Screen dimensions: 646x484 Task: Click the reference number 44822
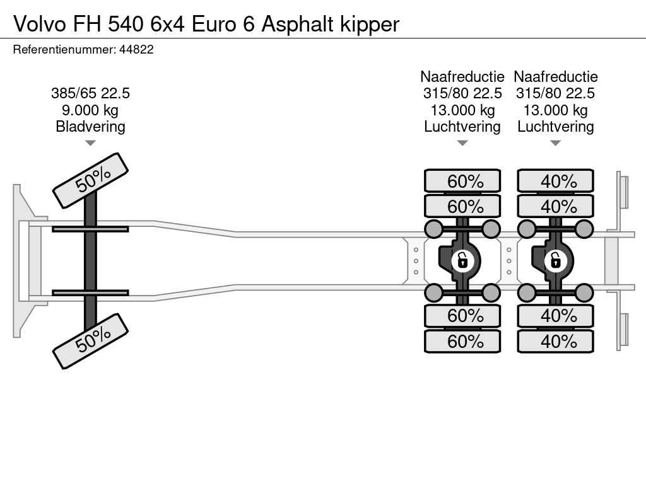(x=136, y=49)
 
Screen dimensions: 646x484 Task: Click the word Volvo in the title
(x=40, y=24)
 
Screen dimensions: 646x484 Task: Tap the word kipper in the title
(x=370, y=25)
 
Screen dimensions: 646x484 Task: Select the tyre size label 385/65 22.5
(x=90, y=93)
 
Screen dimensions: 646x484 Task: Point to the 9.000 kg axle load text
(x=90, y=110)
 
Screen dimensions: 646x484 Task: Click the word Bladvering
(x=90, y=126)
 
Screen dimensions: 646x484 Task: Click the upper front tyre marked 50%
(x=90, y=180)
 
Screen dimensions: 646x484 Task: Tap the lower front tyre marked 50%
(x=90, y=341)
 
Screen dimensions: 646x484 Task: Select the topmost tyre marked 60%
(x=462, y=181)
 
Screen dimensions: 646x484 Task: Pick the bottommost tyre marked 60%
(x=462, y=341)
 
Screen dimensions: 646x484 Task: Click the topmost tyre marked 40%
(x=555, y=181)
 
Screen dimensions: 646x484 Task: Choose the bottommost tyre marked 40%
(x=555, y=341)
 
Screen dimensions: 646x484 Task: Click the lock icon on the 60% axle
(x=462, y=260)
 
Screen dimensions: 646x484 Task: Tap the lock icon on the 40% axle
(x=555, y=260)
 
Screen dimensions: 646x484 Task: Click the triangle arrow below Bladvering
(x=90, y=143)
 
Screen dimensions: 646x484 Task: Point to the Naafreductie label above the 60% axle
(x=462, y=76)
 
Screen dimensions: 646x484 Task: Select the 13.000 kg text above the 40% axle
(x=555, y=110)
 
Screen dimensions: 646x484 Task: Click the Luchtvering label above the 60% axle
(x=462, y=126)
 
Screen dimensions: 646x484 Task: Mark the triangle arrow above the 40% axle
(x=555, y=143)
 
